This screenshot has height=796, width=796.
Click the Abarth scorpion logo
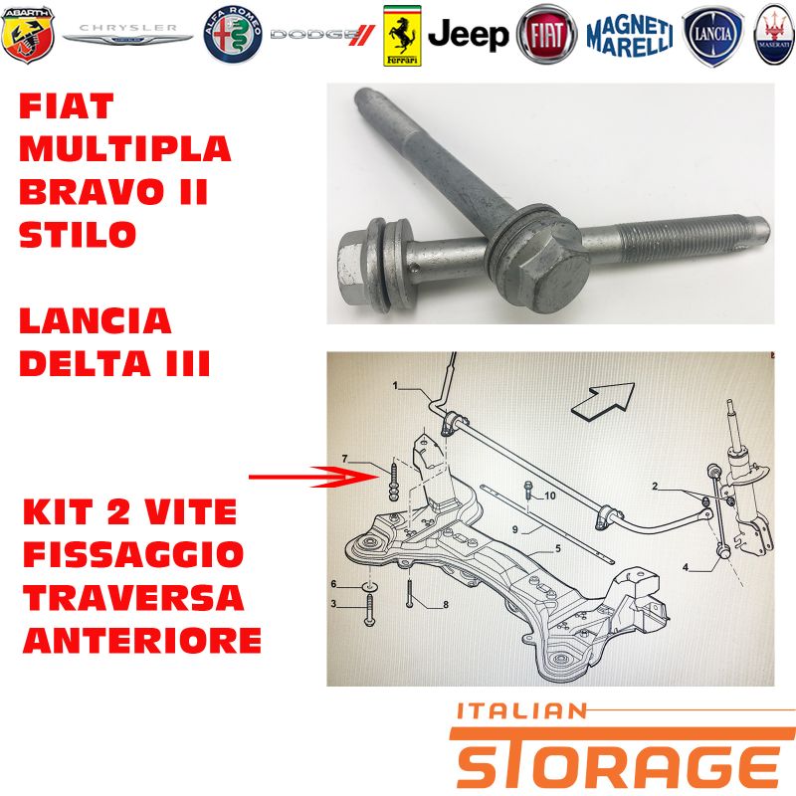[x=28, y=35]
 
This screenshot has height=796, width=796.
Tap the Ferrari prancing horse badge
[x=402, y=36]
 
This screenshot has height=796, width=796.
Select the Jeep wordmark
[x=468, y=35]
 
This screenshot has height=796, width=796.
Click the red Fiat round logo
[x=546, y=35]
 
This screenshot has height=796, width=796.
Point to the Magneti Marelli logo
[x=630, y=35]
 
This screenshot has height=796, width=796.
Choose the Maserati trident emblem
[x=774, y=35]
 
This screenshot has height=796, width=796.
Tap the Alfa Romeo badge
[x=233, y=35]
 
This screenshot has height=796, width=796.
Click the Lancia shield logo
[x=712, y=36]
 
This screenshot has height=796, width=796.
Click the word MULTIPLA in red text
[x=125, y=148]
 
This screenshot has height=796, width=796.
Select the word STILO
[x=78, y=234]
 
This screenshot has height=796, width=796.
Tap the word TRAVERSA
[x=133, y=598]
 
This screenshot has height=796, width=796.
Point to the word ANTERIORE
[x=142, y=640]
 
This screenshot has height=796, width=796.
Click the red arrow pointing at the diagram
[x=313, y=477]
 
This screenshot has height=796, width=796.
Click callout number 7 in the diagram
[x=345, y=459]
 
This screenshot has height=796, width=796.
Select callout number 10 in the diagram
[x=550, y=496]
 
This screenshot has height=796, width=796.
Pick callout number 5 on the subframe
[x=558, y=548]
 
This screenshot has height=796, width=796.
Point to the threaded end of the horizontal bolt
[x=693, y=238]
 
